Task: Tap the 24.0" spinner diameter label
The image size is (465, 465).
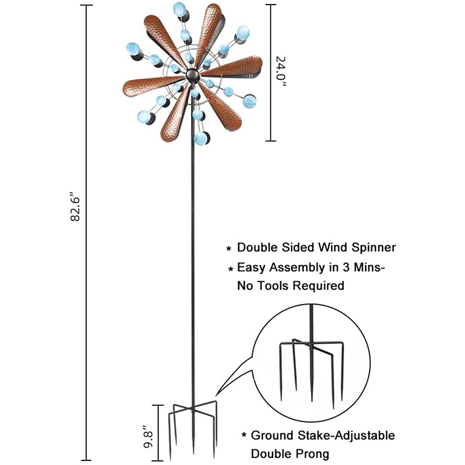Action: click(281, 73)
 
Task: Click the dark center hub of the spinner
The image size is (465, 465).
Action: click(192, 76)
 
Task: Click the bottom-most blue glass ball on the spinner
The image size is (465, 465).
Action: click(202, 138)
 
